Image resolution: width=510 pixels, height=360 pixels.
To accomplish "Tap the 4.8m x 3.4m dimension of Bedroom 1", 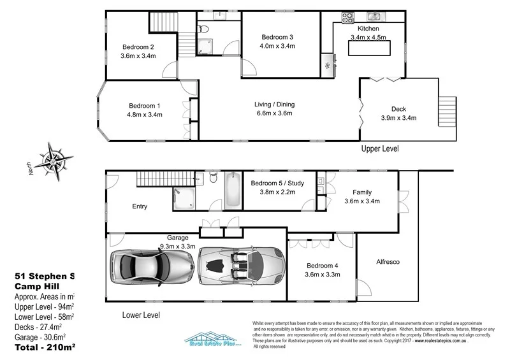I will pyautogui.click(x=145, y=115).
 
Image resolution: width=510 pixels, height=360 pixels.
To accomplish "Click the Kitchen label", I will pyautogui.click(x=368, y=29).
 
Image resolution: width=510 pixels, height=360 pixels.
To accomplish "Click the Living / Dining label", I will pyautogui.click(x=275, y=104).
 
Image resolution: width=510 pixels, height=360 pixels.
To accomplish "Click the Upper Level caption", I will pyautogui.click(x=380, y=149).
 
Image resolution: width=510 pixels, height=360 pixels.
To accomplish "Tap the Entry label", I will pyautogui.click(x=139, y=206).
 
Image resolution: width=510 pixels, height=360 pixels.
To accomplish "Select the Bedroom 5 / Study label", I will pyautogui.click(x=277, y=184).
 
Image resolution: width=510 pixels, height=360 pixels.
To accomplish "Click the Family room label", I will pyautogui.click(x=362, y=192).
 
